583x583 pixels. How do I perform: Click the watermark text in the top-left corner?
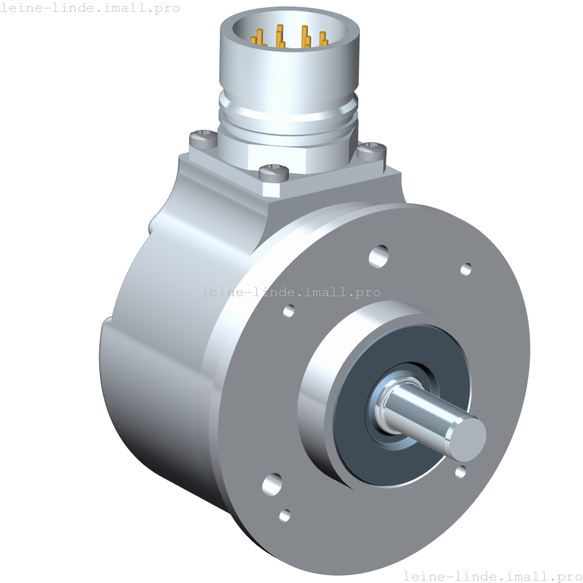[x=90, y=8]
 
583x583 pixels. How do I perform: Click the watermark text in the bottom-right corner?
[x=492, y=576]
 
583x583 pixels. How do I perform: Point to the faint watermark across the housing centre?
[x=291, y=292]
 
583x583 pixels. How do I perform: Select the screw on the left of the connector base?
[x=201, y=136]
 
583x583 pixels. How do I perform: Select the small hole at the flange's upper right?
[x=466, y=270]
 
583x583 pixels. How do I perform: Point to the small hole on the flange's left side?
[x=289, y=311]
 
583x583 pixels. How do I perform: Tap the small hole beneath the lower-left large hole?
[x=284, y=515]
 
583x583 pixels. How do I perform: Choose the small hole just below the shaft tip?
[x=461, y=471]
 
